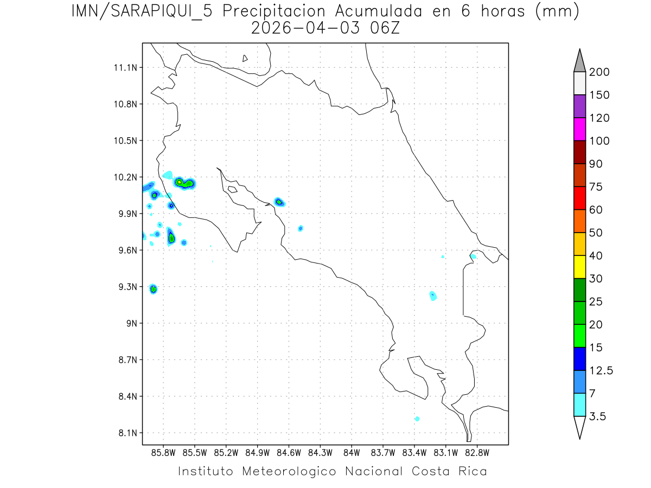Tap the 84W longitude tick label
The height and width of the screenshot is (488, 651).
tap(352, 452)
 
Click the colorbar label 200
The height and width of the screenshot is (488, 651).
tap(599, 72)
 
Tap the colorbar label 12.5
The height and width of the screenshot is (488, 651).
tap(601, 370)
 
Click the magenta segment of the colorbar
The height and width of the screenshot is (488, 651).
tap(579, 129)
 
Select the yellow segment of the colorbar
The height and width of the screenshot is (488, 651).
tap(579, 267)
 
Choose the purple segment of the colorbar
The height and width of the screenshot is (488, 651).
tap(579, 106)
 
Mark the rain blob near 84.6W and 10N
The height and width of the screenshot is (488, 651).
tap(279, 202)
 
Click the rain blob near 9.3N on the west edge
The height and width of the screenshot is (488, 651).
tap(154, 289)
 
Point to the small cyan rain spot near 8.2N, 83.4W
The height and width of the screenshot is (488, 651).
tap(417, 419)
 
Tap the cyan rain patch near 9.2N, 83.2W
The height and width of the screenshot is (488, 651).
tap(433, 296)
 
